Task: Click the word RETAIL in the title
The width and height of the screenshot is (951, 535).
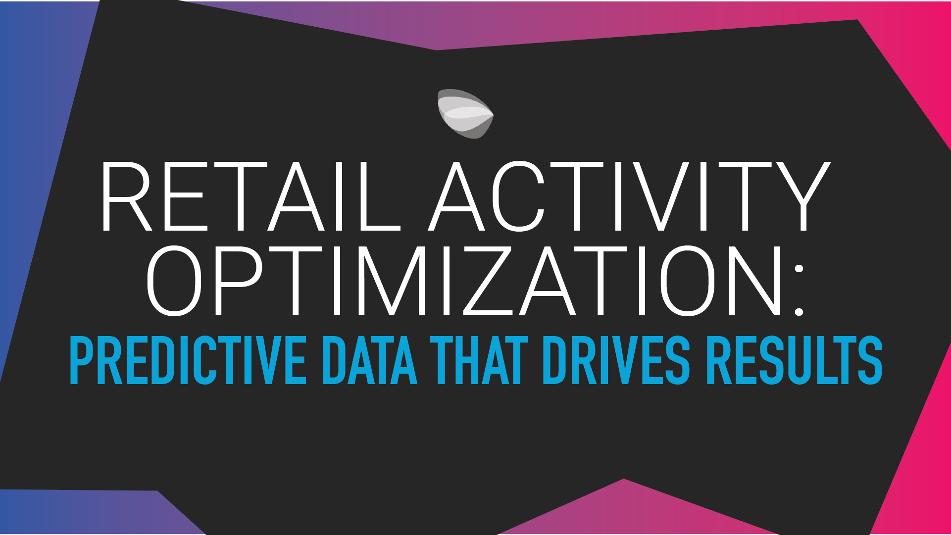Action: [250, 197]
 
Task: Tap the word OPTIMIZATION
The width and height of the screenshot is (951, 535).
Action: [465, 281]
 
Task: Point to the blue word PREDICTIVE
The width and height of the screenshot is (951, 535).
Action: [188, 360]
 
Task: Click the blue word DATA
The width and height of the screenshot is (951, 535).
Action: [370, 360]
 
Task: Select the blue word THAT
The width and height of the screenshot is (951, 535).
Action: [479, 360]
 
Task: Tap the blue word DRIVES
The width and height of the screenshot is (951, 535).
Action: [616, 360]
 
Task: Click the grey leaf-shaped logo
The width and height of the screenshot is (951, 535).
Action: [464, 114]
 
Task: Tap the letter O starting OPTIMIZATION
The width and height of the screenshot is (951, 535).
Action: [174, 281]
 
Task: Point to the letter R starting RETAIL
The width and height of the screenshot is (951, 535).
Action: [126, 197]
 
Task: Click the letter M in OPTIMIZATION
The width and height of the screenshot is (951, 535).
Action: [392, 281]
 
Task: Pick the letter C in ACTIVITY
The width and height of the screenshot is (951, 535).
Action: [518, 197]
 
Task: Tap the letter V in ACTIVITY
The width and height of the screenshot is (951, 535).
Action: [662, 197]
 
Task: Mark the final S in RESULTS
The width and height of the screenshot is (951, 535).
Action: [870, 360]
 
